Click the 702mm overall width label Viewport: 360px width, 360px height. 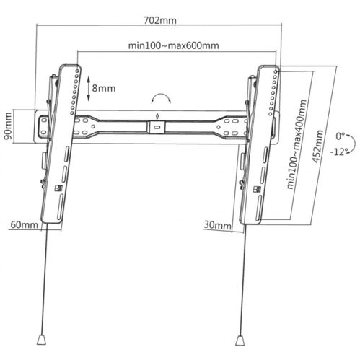tap(160, 20)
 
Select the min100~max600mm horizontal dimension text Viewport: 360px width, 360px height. tap(173, 45)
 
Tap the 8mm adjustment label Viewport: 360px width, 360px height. tap(104, 88)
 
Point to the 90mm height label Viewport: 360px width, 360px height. tap(8, 126)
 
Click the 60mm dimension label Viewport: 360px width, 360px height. tap(25, 225)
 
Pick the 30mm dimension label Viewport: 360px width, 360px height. tap(217, 225)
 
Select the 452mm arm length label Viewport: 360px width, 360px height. tap(317, 146)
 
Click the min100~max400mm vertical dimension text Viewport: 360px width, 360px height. tap(297, 144)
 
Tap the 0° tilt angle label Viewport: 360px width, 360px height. tap(341, 136)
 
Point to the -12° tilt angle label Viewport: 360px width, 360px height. tap(339, 152)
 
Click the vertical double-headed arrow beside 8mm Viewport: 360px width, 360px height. tap(88, 89)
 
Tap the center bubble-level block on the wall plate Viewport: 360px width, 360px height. tap(157, 127)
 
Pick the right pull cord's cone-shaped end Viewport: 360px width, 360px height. tap(240, 341)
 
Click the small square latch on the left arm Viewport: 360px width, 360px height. tap(59, 188)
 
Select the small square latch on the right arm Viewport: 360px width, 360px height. tap(257, 189)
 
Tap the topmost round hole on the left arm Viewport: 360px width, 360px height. tap(77, 71)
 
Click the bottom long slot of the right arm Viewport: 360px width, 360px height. tap(258, 208)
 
